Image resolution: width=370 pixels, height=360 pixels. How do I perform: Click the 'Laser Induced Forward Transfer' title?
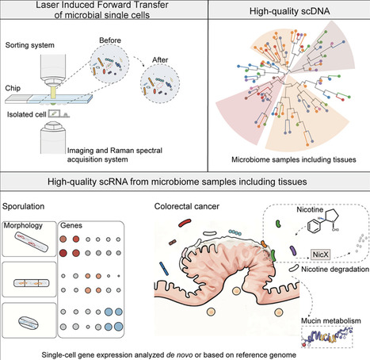click(91, 9)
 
